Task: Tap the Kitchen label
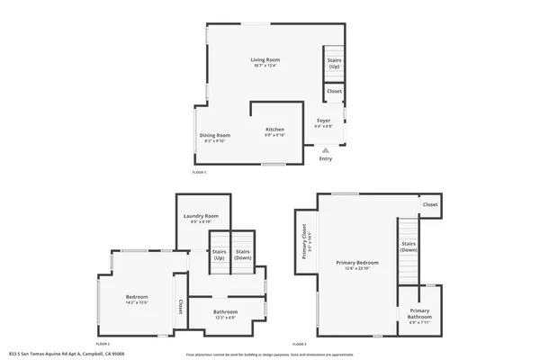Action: (274, 130)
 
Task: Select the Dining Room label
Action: (215, 135)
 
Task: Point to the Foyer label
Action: (323, 121)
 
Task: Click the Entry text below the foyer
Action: (326, 159)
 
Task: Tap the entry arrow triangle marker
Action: (326, 150)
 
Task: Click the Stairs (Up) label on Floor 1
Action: (334, 64)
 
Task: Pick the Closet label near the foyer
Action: (334, 92)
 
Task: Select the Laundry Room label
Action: (201, 216)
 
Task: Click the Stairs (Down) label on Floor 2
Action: (243, 255)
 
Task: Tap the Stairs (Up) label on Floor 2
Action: (220, 255)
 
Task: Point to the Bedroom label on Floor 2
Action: (137, 297)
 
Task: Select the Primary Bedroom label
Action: (358, 263)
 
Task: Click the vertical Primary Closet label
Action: (305, 241)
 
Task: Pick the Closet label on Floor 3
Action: (430, 204)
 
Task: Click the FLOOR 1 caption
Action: (199, 172)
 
